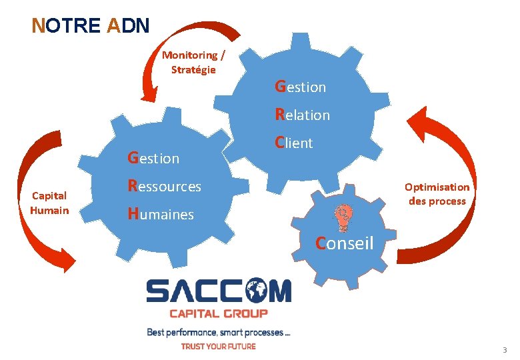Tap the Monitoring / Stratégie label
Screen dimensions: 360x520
click(193, 62)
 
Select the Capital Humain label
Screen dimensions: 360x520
click(49, 203)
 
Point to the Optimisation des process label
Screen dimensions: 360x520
click(437, 194)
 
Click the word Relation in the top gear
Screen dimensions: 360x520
click(302, 115)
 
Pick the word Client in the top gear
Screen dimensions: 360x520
click(293, 143)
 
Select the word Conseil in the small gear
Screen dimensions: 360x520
click(344, 243)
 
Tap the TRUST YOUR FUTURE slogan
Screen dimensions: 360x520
click(218, 346)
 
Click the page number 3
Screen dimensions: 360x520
click(505, 351)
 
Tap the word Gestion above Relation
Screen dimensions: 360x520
click(300, 87)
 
